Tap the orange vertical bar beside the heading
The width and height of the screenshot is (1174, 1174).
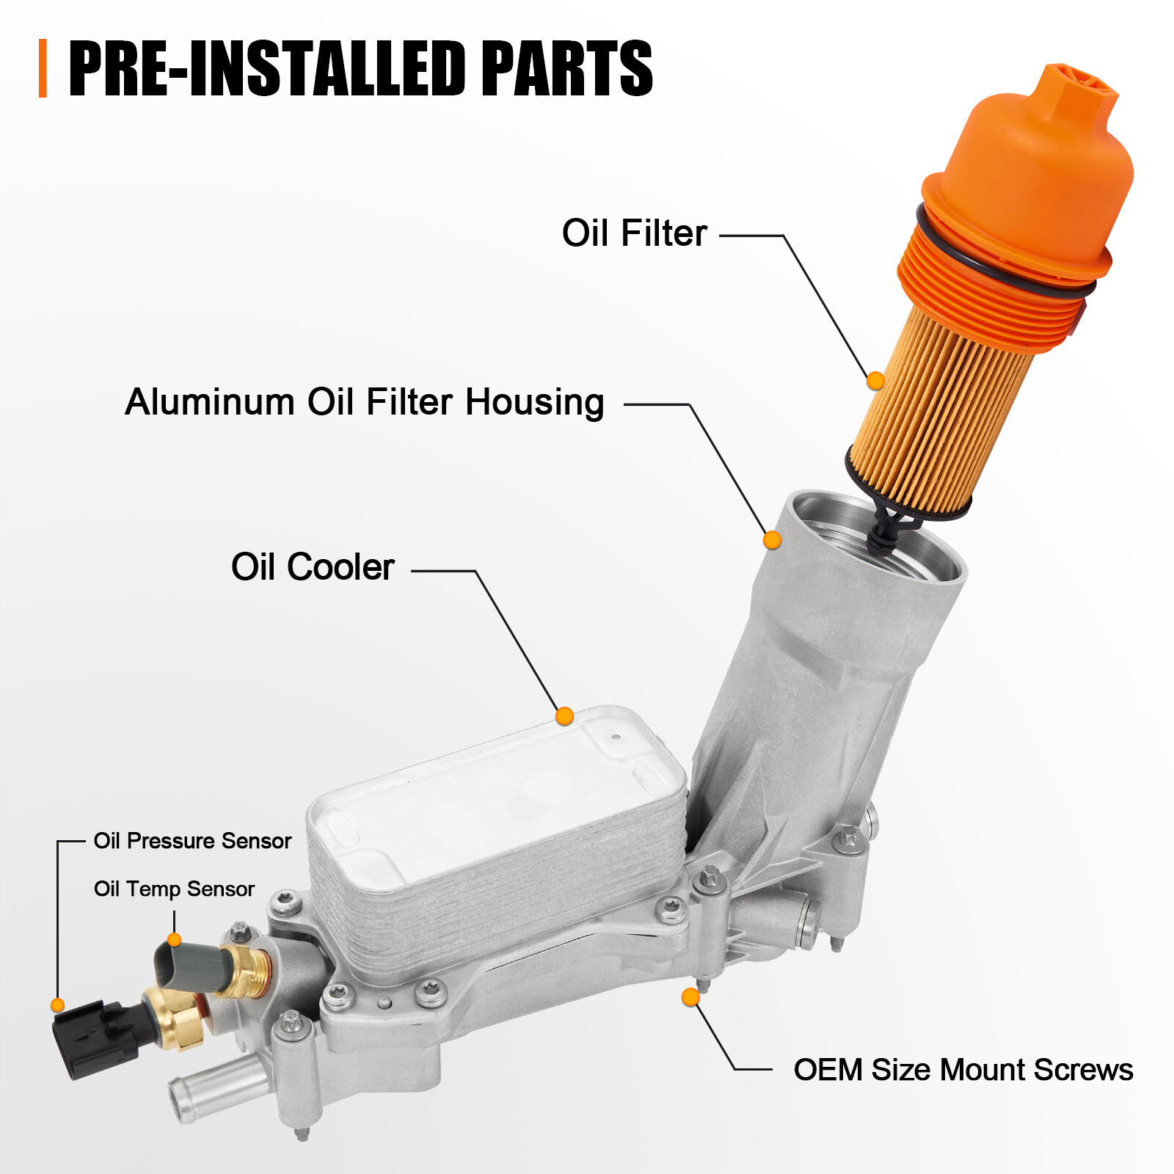point(43,68)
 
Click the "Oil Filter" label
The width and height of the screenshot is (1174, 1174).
point(634,233)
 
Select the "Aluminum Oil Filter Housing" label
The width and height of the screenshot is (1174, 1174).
point(364,402)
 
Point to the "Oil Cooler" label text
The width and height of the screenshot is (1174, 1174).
point(313,567)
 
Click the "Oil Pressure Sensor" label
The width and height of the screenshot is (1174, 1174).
point(192,841)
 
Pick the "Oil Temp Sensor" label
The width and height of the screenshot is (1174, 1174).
point(174,889)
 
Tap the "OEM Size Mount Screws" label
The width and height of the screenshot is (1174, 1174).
point(963,1070)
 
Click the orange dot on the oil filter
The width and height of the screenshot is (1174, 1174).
point(875,381)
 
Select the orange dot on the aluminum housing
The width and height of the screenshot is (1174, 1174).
point(772,540)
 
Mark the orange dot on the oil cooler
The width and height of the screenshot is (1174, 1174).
point(564,716)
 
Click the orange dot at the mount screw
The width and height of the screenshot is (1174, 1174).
point(690,997)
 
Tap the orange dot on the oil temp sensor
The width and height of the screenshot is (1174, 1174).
point(174,940)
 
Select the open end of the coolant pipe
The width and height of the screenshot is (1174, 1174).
point(181,1098)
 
